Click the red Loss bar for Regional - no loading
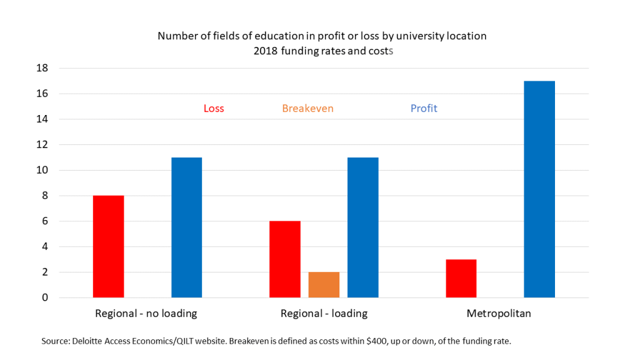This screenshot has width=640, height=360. pyautogui.click(x=108, y=246)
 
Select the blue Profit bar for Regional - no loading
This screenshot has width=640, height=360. pyautogui.click(x=186, y=227)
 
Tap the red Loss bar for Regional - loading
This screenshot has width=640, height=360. pyautogui.click(x=284, y=259)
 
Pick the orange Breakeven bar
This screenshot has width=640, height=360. pyautogui.click(x=324, y=284)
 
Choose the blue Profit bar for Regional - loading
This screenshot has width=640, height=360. pyautogui.click(x=362, y=227)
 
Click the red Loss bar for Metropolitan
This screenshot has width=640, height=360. pyautogui.click(x=461, y=278)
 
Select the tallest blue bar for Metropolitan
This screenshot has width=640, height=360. pyautogui.click(x=539, y=189)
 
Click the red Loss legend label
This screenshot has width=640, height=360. pyautogui.click(x=214, y=109)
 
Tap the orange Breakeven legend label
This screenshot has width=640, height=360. pyautogui.click(x=307, y=109)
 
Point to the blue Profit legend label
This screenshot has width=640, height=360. pyautogui.click(x=424, y=109)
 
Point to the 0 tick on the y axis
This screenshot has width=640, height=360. pyautogui.click(x=45, y=297)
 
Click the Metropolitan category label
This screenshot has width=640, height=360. pyautogui.click(x=499, y=314)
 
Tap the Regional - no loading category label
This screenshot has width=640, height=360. pyautogui.click(x=146, y=314)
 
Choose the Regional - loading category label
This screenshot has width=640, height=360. pyautogui.click(x=324, y=314)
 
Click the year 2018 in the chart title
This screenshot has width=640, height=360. pyautogui.click(x=266, y=51)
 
